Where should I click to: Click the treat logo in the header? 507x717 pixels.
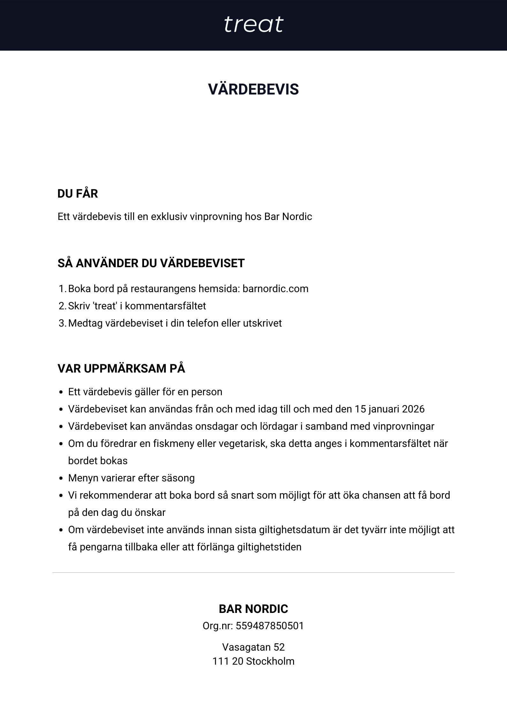[253, 25]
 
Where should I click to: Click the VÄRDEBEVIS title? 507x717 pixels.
[253, 89]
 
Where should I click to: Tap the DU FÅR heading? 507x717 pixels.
[78, 194]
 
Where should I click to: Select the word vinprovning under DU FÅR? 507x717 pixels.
[216, 217]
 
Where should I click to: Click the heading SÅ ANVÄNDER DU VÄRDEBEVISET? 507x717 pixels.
[151, 263]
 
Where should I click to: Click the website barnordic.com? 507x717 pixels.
[276, 289]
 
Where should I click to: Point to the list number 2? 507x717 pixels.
[62, 306]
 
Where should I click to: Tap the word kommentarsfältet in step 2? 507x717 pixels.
[165, 306]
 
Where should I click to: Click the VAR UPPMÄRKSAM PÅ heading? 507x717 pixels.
[121, 369]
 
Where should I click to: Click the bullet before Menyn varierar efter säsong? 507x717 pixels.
[61, 479]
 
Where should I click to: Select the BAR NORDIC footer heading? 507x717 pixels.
[253, 609]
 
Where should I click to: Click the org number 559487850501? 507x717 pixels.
[270, 626]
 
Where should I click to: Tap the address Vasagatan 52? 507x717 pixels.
[253, 647]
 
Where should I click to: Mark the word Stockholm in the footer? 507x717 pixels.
[270, 661]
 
